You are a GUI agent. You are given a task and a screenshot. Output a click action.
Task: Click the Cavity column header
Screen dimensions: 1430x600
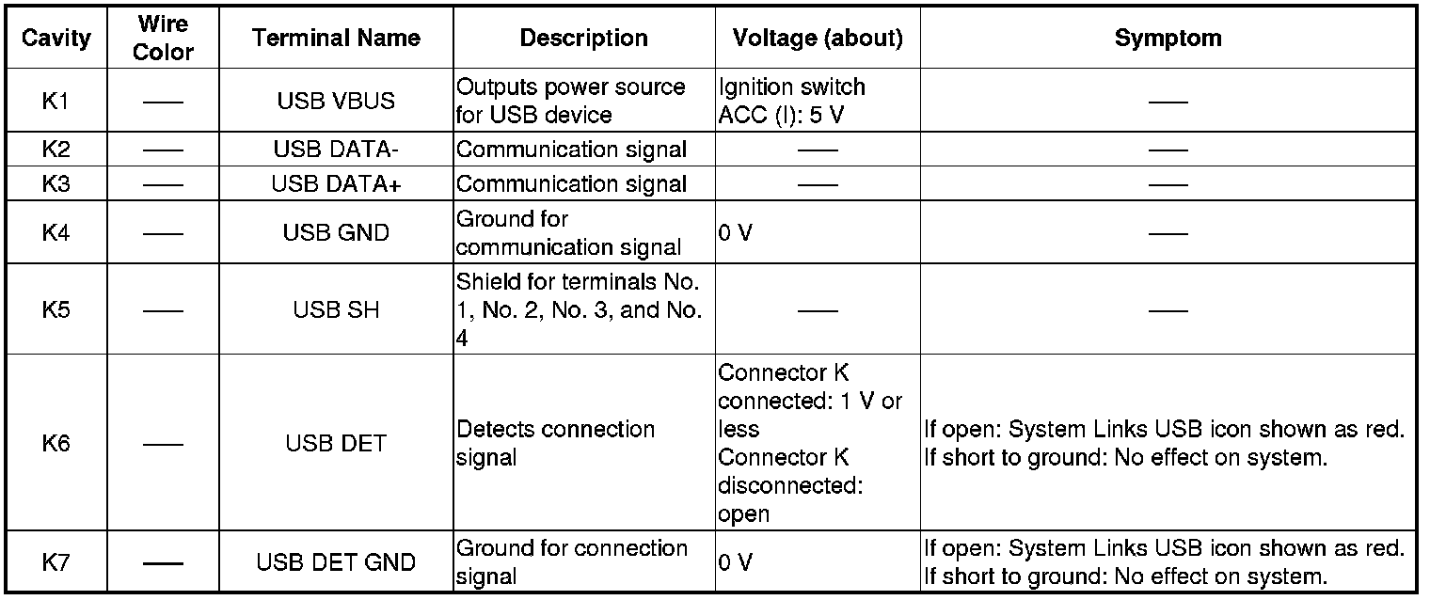(56, 38)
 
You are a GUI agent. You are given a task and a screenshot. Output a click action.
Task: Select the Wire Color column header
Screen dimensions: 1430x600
(163, 38)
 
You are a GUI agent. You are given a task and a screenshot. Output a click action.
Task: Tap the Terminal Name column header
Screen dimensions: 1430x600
(336, 38)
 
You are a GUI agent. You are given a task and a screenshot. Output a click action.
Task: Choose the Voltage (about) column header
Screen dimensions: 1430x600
(818, 38)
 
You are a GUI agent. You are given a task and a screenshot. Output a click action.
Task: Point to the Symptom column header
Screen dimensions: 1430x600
(1168, 38)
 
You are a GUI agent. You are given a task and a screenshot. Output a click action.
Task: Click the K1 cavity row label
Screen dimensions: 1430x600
(56, 101)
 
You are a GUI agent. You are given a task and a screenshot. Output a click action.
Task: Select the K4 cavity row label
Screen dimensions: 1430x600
(56, 232)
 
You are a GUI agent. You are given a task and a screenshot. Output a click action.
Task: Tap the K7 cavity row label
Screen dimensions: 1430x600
(56, 562)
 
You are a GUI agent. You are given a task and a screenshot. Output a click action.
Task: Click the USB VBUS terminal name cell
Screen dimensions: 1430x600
(336, 101)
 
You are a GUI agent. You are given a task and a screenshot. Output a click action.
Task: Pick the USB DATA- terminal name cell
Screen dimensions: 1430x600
(336, 149)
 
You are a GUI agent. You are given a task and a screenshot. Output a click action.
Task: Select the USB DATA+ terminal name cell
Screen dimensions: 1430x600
(336, 183)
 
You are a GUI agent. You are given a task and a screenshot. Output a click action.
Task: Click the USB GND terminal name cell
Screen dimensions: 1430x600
(336, 232)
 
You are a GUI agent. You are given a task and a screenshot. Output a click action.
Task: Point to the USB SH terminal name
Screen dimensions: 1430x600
(336, 309)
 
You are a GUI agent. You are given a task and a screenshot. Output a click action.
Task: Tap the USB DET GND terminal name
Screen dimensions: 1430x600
(336, 562)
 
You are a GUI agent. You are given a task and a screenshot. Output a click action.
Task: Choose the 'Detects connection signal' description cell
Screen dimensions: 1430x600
(555, 443)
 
